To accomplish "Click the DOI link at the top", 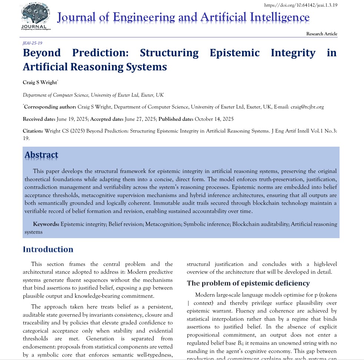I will pos(301,5).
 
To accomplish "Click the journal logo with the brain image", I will pos(36,16).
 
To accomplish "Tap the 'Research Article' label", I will pos(321,34).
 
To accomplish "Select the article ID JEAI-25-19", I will pos(32,43).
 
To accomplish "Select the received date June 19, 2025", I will pos(72,119).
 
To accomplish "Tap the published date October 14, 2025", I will pos(214,119).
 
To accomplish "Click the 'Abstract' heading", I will pos(41,155).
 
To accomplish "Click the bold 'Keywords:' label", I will pos(46,224).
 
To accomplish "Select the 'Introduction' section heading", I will pos(48,249).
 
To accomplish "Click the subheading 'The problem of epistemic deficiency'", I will pos(248,283).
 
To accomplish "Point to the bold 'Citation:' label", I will pos(33,131).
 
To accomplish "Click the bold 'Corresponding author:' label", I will pos(50,107).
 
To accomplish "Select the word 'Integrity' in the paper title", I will pos(293,53).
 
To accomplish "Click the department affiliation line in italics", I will pos(93,95).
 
